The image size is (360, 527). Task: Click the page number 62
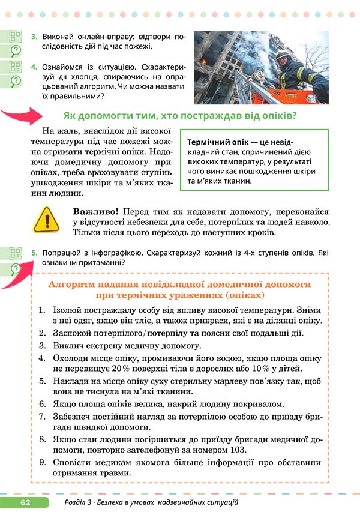25,502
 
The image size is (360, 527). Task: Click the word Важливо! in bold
95,212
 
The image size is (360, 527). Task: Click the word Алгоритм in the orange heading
73,283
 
